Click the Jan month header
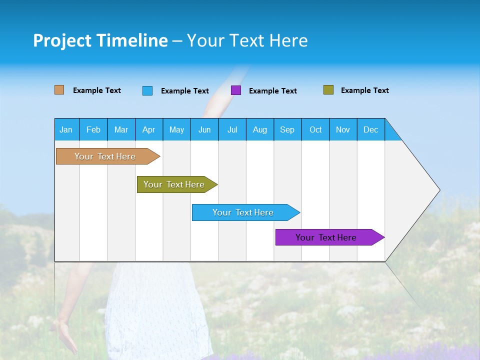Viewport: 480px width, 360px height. click(x=66, y=129)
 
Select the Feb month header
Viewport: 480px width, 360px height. click(x=93, y=129)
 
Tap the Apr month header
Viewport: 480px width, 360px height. click(x=149, y=129)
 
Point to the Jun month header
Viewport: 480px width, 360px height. click(x=204, y=129)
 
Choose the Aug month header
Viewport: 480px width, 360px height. click(x=260, y=129)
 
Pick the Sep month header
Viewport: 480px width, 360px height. click(x=287, y=129)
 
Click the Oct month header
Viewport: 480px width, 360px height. click(x=315, y=129)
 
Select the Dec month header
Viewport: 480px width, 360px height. click(x=371, y=129)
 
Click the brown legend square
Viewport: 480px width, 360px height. click(x=59, y=90)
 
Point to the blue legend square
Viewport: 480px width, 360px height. click(x=147, y=90)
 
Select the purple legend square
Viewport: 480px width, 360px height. click(x=236, y=90)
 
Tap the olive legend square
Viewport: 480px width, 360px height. click(x=328, y=90)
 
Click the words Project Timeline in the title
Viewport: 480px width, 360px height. click(x=100, y=40)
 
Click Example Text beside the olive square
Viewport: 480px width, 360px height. click(x=364, y=90)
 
